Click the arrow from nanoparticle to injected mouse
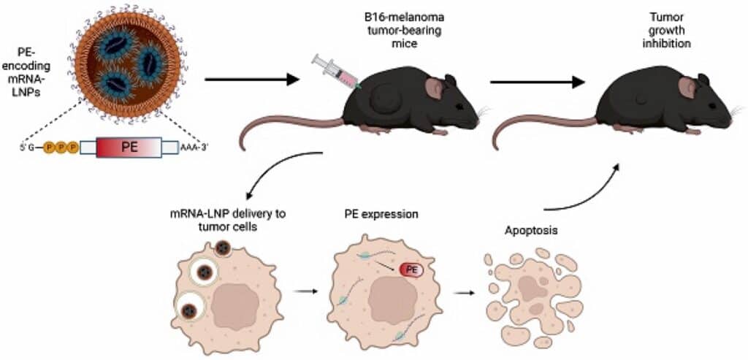point(252,79)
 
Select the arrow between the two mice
point(537,82)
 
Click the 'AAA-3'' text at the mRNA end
point(195,147)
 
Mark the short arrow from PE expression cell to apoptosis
point(462,294)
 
